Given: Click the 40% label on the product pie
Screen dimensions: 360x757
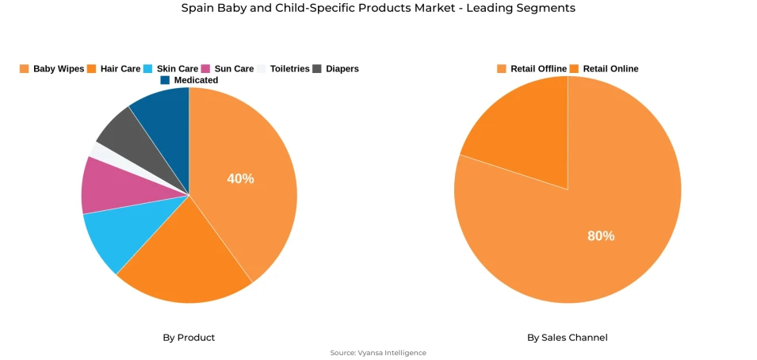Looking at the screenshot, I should pyautogui.click(x=240, y=179).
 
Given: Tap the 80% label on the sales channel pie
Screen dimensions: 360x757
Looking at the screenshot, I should pyautogui.click(x=600, y=236).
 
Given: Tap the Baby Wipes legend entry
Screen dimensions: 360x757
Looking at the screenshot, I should pyautogui.click(x=52, y=69).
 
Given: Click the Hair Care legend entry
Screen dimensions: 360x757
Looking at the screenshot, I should pyautogui.click(x=114, y=69).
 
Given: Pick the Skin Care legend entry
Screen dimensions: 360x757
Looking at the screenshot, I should pyautogui.click(x=171, y=69).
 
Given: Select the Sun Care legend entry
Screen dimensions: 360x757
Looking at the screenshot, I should pyautogui.click(x=228, y=69).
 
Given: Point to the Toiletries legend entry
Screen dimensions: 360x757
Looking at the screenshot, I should pyautogui.click(x=284, y=69).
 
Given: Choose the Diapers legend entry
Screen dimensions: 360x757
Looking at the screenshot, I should pyautogui.click(x=336, y=69).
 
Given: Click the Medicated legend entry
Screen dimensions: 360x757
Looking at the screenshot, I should pyautogui.click(x=189, y=80).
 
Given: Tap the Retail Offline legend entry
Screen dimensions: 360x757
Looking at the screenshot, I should pyautogui.click(x=532, y=69).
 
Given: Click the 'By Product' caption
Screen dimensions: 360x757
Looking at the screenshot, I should pyautogui.click(x=189, y=338).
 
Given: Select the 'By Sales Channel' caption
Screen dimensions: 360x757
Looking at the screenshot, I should pyautogui.click(x=568, y=338).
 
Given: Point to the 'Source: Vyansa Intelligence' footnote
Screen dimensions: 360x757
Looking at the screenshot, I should pyautogui.click(x=378, y=353).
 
